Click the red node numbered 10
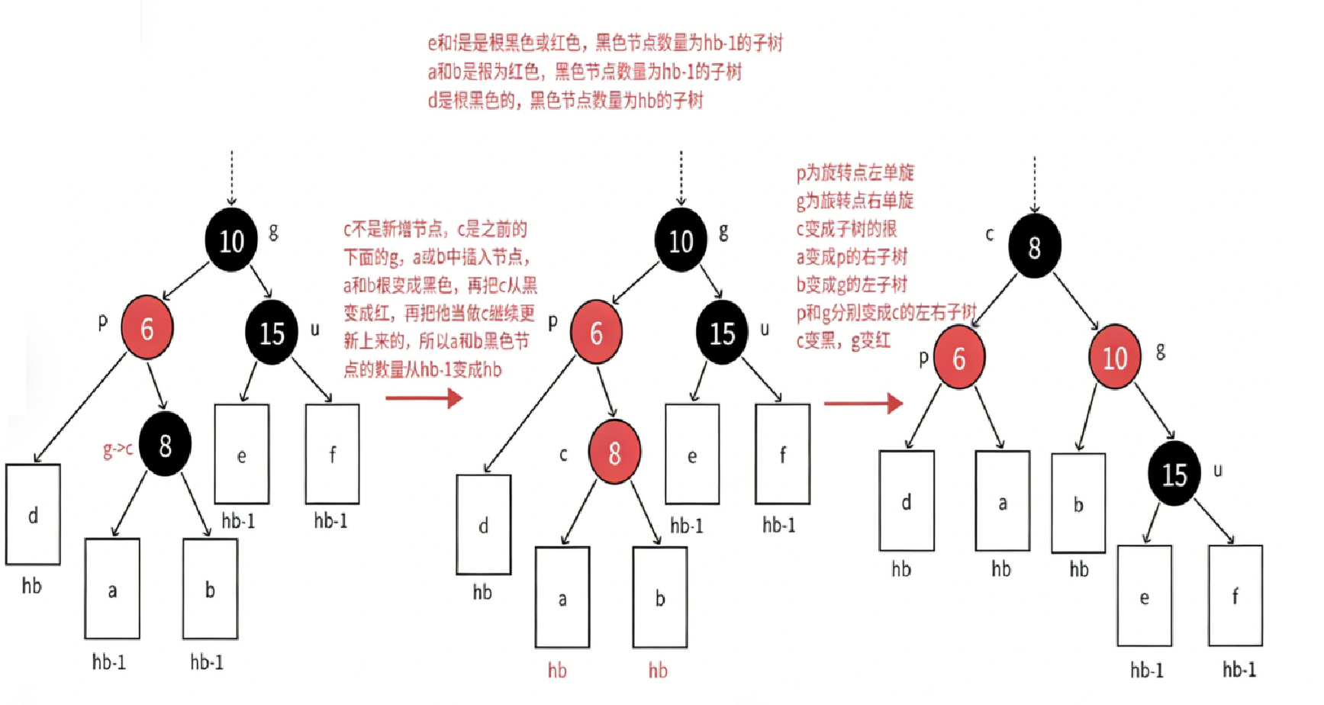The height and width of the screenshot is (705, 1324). coord(1114,357)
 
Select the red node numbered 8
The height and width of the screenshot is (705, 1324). coord(614,452)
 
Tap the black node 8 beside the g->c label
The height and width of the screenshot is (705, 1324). coord(165,445)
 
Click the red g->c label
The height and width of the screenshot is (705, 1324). coord(118,449)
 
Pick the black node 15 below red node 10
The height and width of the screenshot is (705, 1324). coord(1174,474)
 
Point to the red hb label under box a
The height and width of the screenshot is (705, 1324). coord(557,671)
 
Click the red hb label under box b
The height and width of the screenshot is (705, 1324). coord(658,671)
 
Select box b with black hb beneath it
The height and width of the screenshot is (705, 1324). coord(1078,504)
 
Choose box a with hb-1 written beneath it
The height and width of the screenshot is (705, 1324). coord(112,589)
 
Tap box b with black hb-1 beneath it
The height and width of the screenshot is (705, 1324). coord(210,589)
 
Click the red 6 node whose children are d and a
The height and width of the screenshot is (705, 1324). coord(958,358)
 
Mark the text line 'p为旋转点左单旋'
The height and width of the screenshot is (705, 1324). coord(855,172)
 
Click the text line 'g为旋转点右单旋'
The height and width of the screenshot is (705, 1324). coord(855,201)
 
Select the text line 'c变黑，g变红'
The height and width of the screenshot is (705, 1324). coord(843,340)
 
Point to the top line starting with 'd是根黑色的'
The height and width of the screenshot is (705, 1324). coord(565,100)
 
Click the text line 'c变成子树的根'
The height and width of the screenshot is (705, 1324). coord(846,229)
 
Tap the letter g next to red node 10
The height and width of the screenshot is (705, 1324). coord(1161,351)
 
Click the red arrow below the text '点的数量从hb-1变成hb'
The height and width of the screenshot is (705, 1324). coord(424,398)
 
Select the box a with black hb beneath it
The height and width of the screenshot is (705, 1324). coord(1002,501)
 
